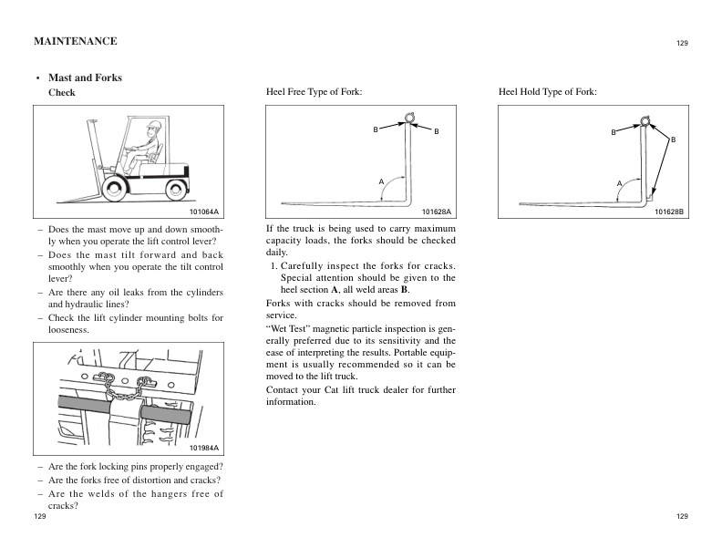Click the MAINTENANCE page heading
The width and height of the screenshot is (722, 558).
click(x=75, y=41)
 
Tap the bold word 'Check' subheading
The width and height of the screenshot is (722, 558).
click(x=61, y=93)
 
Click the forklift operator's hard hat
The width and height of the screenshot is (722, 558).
click(x=154, y=125)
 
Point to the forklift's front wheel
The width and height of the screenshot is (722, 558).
click(x=117, y=189)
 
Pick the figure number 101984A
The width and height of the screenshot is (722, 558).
click(x=204, y=449)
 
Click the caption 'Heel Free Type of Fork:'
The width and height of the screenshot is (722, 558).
click(x=314, y=93)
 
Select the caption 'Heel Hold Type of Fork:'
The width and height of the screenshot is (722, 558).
click(x=548, y=93)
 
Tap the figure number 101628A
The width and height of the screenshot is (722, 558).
click(x=437, y=212)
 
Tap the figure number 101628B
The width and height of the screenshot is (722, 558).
click(x=669, y=212)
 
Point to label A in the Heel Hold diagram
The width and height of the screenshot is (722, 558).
click(x=618, y=184)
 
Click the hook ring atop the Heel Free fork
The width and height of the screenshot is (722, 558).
click(x=410, y=117)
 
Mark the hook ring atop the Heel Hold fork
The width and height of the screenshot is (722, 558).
click(x=645, y=119)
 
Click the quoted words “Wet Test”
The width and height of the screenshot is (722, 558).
click(x=286, y=326)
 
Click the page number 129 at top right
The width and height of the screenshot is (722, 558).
click(x=682, y=43)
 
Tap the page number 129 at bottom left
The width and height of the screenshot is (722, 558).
click(x=39, y=516)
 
